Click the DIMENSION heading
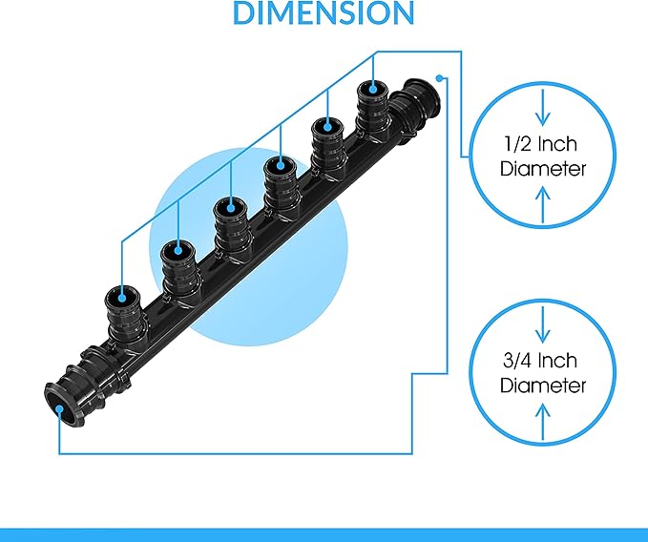(324, 12)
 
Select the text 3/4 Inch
(540, 361)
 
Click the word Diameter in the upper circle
(543, 169)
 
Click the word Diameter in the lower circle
(543, 386)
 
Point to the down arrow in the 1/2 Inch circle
(543, 108)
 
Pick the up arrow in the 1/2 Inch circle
(543, 204)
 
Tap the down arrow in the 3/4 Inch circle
(543, 323)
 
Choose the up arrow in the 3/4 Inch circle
(543, 422)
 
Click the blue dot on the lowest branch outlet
(122, 298)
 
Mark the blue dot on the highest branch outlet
(373, 89)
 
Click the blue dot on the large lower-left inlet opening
(59, 409)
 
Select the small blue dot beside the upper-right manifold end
(439, 77)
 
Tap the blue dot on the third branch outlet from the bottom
(231, 209)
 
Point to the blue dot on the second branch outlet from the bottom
(178, 250)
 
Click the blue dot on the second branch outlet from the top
(327, 126)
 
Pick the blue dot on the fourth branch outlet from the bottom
(281, 166)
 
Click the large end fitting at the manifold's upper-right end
(415, 110)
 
